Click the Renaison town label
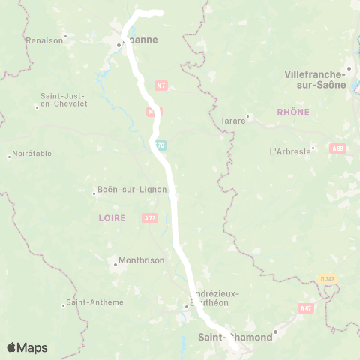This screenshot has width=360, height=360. pos(44,40)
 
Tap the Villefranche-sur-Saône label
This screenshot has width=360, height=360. pos(316,79)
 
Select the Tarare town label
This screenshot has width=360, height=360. pos(233,120)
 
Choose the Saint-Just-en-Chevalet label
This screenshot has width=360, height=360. pos(64,99)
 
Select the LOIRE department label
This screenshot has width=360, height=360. pos(112,217)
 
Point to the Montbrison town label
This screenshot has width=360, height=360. pos(139,262)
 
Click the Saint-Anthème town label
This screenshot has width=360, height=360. pos(95,302)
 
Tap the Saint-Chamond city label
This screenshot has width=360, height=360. pos(235,337)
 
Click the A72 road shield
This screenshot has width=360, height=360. pos(149,217)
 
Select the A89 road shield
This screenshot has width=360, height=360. pos(338,148)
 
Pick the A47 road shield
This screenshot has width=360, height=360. pos(305,307)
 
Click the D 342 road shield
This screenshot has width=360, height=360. pos(328,278)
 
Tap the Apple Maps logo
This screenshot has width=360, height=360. pos(27,347)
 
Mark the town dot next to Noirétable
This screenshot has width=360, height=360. pos(9,157)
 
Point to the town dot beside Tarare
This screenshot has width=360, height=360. pos(247,116)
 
